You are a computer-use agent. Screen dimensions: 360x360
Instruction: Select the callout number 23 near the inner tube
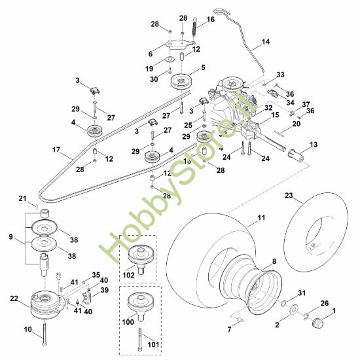(288, 194)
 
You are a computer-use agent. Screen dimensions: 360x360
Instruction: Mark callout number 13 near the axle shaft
(314, 144)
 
